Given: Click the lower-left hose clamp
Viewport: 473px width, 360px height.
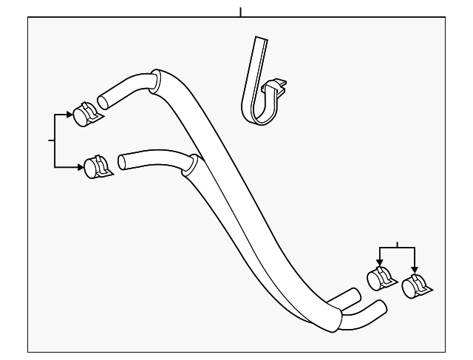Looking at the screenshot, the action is coord(97,166).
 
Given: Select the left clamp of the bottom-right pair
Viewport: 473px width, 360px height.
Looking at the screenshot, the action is coord(381,279).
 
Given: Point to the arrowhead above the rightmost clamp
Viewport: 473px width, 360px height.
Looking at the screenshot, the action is coord(415,270).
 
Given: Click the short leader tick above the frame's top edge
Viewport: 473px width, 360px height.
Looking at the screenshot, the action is coord(240,12).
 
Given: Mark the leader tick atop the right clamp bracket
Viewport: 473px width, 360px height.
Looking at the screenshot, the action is coord(397,244).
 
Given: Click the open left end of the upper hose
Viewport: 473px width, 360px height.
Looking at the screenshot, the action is coord(101,98).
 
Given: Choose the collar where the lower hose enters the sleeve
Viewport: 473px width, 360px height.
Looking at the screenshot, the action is coord(194,163).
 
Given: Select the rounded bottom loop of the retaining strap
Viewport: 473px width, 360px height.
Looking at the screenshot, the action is coord(251,111).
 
